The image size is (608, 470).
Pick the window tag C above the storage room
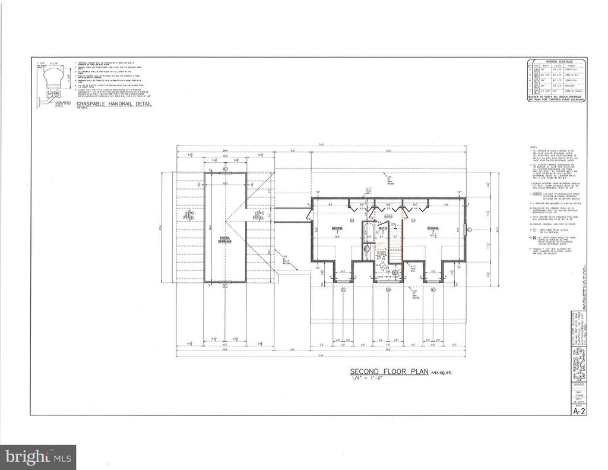click(x=225, y=169)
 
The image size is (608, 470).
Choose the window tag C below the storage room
click(x=225, y=286)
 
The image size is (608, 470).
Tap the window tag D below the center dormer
click(x=388, y=290)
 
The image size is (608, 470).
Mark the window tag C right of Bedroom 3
click(x=470, y=228)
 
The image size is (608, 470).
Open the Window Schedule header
click(x=556, y=61)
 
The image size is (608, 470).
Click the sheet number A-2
click(x=578, y=411)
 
